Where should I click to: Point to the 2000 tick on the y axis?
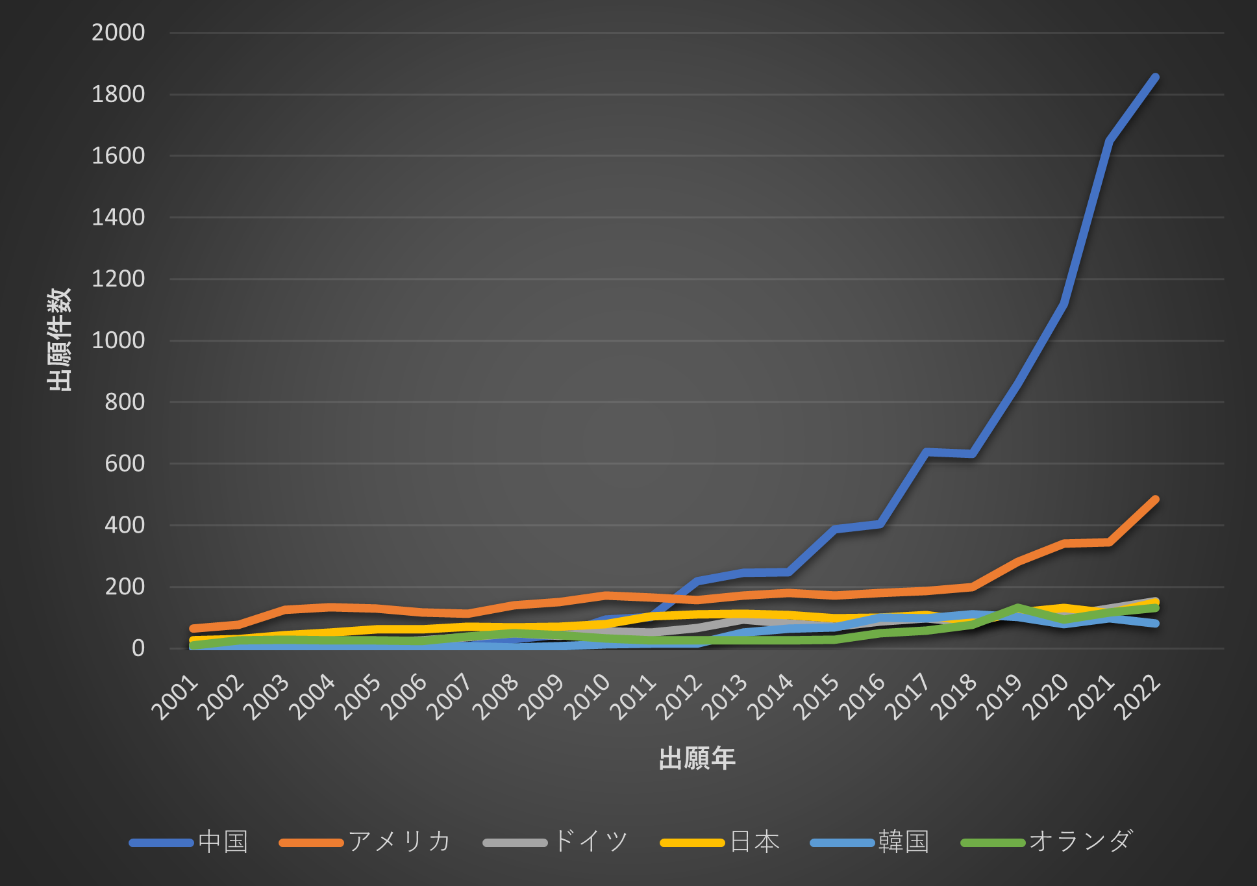point(118,32)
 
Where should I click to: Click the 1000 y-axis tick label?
point(118,340)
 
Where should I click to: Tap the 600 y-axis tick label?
point(125,464)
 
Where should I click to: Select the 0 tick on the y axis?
point(138,648)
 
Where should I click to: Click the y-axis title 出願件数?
point(59,339)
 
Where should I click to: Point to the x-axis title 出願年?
point(697,759)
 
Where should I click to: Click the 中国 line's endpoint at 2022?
point(1155,77)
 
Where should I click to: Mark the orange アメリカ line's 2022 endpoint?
point(1155,500)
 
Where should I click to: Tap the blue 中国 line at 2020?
point(1064,303)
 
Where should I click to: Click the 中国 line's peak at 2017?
point(927,451)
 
